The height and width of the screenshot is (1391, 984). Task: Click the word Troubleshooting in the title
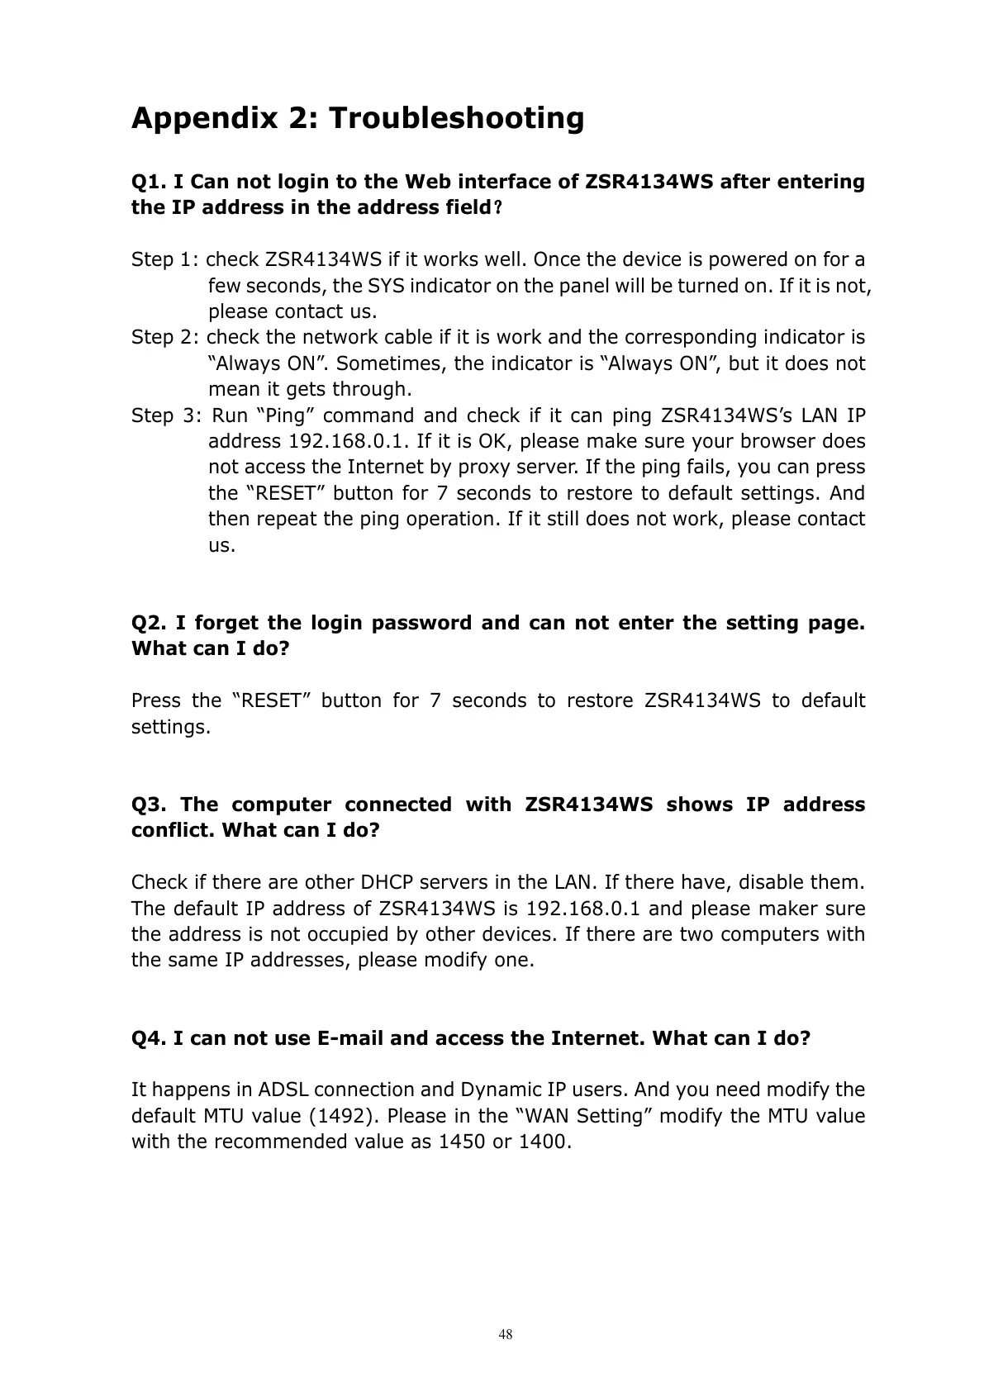(x=456, y=119)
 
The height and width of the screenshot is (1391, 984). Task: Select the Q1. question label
(x=150, y=182)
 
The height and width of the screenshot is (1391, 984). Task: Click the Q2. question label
(x=150, y=623)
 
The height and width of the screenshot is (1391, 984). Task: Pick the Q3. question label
(x=150, y=805)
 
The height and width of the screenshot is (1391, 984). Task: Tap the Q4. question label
(x=150, y=1038)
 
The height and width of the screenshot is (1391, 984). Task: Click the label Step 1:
(x=164, y=260)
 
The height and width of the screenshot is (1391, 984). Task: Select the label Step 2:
(x=164, y=338)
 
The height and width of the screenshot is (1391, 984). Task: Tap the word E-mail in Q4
(x=349, y=1038)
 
